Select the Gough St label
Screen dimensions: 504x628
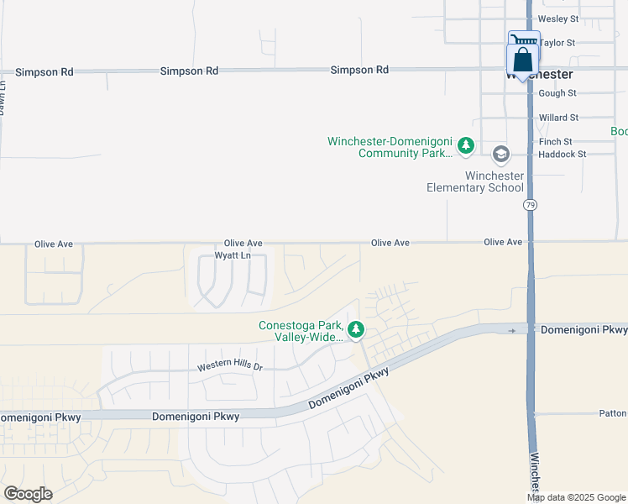557,93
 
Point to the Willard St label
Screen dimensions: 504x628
559,118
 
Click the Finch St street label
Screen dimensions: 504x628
556,142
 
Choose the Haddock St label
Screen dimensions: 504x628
562,154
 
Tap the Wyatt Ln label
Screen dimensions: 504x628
233,255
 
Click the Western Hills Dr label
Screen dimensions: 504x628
230,367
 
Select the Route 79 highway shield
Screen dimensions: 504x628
530,205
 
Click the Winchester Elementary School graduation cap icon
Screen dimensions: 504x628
501,154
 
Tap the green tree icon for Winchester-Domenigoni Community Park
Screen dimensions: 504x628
466,146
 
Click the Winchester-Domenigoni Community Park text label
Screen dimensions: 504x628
390,147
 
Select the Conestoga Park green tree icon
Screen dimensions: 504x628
356,329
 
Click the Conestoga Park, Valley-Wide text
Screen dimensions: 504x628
301,331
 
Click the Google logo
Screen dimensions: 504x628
28,493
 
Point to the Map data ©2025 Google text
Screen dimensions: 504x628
576,497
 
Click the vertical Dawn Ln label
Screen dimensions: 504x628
3,97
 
